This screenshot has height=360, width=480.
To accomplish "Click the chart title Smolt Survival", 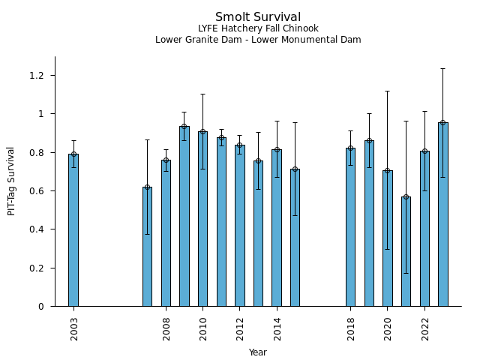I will point(258,17).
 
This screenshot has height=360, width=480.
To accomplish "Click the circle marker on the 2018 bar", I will point(350,148).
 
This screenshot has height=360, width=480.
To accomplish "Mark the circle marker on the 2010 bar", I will point(202,132).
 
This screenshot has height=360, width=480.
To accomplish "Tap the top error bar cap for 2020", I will point(387,91).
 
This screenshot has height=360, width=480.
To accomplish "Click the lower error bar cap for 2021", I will point(406,273).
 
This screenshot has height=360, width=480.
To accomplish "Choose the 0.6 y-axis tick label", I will point(37,191).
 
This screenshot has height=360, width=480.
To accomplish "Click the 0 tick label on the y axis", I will point(42,307).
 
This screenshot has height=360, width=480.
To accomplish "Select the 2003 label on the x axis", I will point(74,328).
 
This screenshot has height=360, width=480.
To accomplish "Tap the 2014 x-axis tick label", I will point(277,328).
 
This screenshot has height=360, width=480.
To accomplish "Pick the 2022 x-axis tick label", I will point(425,328).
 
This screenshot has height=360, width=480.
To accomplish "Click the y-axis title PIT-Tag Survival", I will point(12,181).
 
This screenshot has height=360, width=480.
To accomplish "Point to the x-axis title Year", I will point(258,352).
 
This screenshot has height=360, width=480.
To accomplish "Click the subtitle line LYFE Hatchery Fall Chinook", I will point(258,28).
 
